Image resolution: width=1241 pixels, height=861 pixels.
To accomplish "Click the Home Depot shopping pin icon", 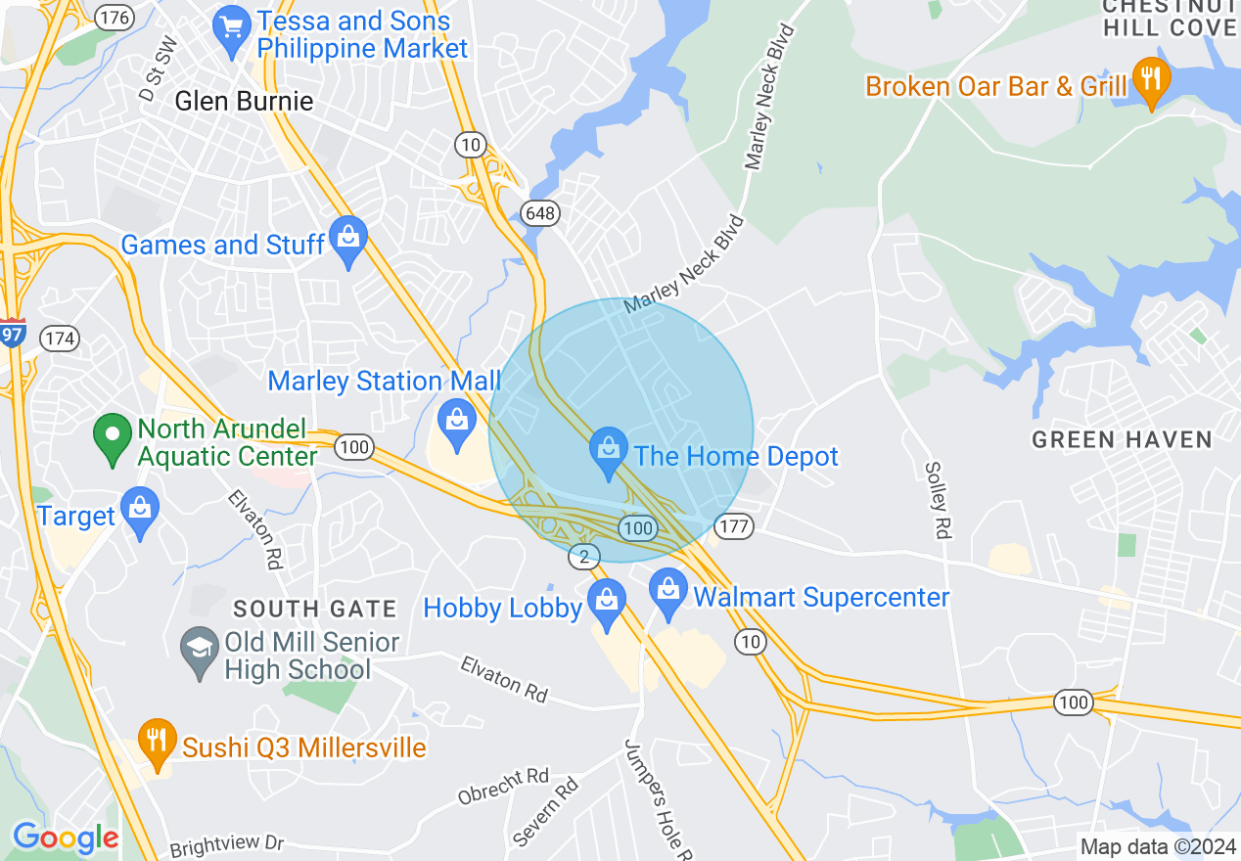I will click(x=609, y=452).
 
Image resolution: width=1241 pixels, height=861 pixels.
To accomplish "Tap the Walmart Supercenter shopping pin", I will click(x=668, y=593).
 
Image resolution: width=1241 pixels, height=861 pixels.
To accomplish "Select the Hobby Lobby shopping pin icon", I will click(x=607, y=603).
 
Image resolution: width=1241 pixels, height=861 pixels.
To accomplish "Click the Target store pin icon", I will click(x=141, y=511).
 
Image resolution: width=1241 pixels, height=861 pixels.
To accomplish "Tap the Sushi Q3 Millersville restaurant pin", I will click(x=156, y=744).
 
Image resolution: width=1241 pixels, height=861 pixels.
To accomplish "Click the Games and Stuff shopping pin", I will click(x=347, y=241).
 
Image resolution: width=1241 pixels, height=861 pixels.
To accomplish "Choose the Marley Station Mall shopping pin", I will click(x=456, y=424).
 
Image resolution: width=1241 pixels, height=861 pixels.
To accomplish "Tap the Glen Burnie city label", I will click(x=244, y=101).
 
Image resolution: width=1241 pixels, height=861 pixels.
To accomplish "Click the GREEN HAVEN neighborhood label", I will click(x=1123, y=440).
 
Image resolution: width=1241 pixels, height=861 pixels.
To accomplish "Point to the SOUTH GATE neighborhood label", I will click(x=315, y=609).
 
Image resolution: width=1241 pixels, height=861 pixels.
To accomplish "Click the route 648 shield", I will click(x=539, y=212).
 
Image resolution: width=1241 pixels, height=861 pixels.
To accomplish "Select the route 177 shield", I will click(x=733, y=526).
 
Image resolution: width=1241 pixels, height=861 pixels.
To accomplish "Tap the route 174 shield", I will click(x=59, y=339).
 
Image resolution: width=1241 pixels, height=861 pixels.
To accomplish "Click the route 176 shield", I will click(x=115, y=18).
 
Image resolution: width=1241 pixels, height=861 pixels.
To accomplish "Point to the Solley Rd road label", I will click(x=939, y=500).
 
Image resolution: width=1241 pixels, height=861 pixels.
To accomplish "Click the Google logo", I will click(x=66, y=838).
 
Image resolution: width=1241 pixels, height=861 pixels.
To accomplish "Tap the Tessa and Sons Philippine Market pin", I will click(x=233, y=29).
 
